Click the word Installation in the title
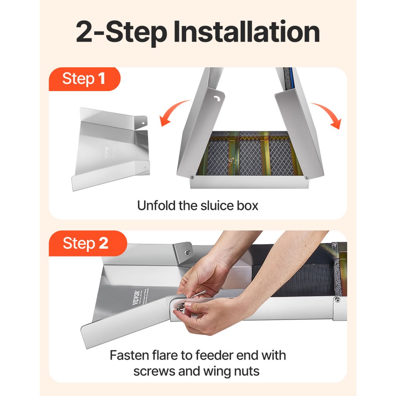(x=247, y=32)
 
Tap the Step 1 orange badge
(x=84, y=79)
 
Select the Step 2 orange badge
(x=86, y=243)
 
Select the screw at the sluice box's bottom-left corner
(x=192, y=178)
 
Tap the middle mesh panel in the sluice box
(x=250, y=157)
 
